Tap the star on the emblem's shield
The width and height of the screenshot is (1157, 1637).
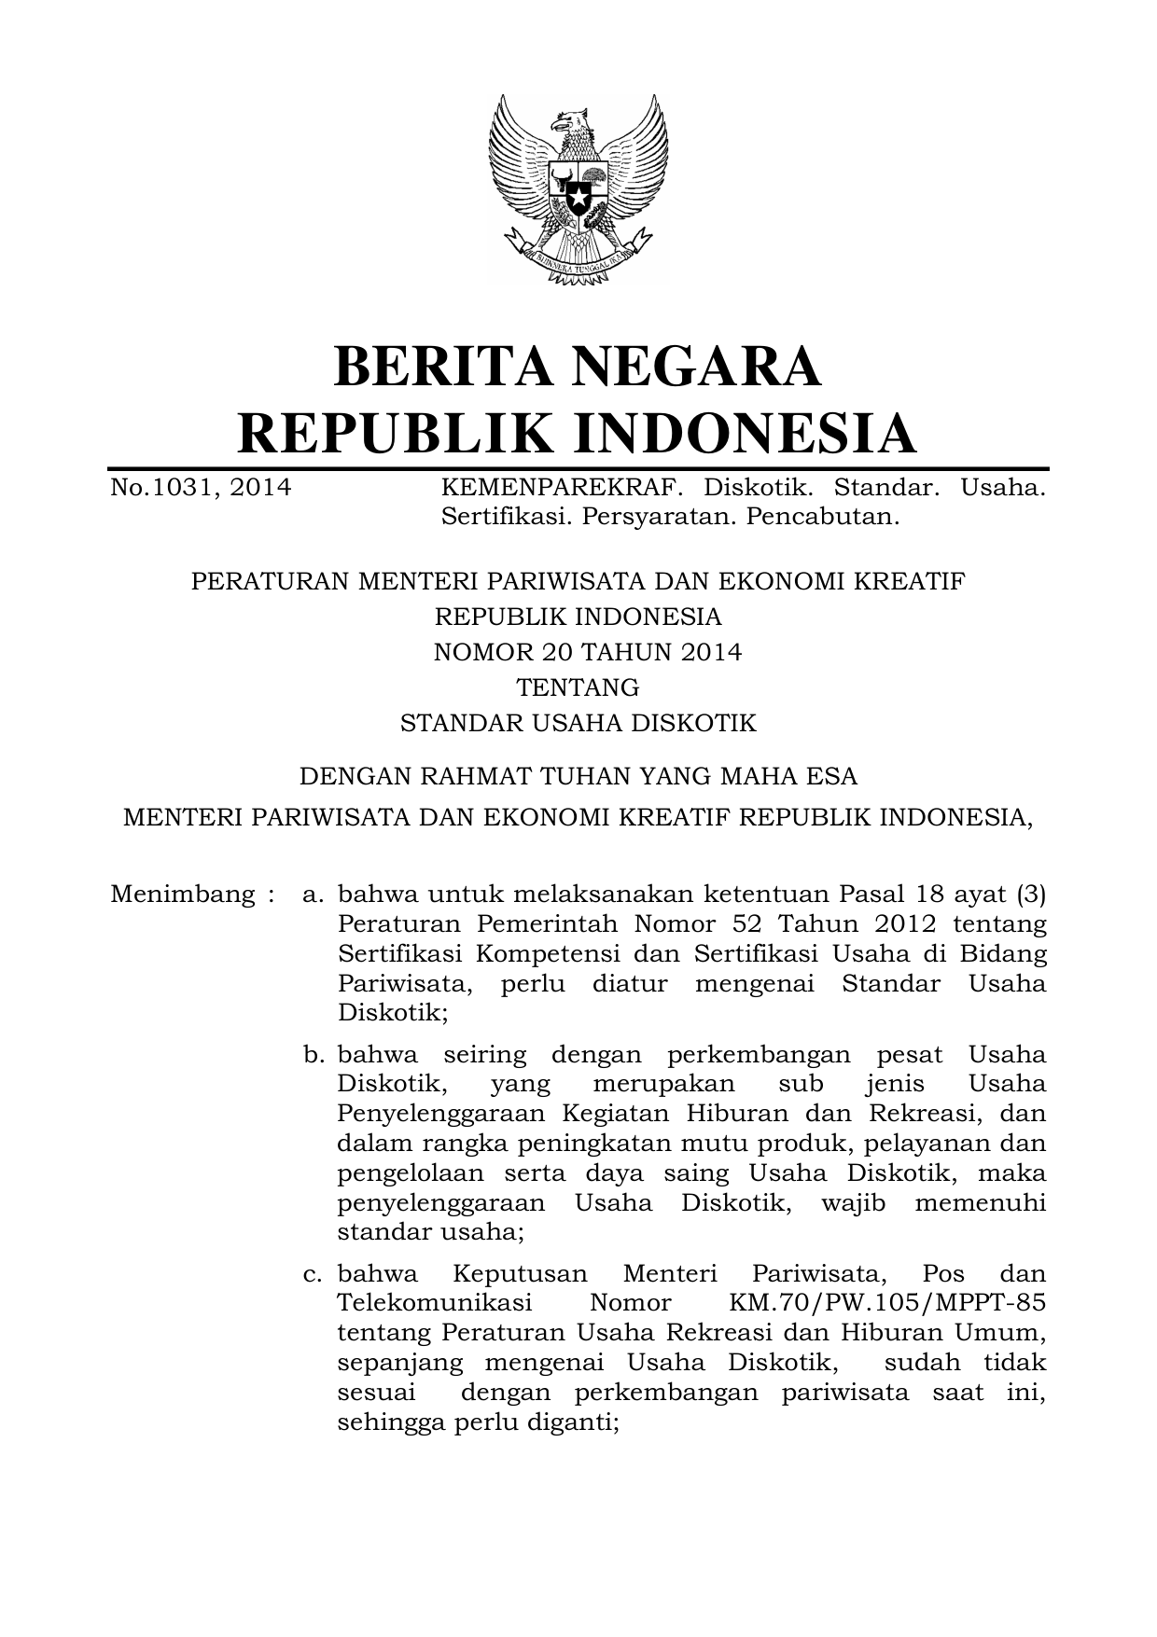(578, 197)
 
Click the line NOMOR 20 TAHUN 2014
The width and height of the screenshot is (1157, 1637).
(588, 652)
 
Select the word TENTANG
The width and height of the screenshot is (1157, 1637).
(578, 687)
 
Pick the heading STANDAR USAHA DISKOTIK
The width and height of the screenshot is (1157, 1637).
(578, 723)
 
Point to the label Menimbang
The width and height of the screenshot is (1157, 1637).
(183, 895)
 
